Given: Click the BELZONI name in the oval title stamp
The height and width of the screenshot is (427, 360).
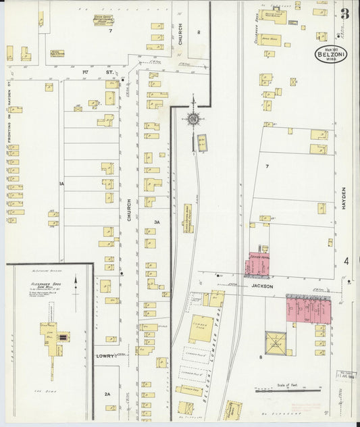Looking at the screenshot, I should coord(330,56).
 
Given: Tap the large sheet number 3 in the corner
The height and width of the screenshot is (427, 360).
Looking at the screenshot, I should coord(344,14).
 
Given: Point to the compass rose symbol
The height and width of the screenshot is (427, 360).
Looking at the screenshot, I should coord(194,119).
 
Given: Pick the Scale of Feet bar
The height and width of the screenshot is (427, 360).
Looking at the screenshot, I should coord(288,390).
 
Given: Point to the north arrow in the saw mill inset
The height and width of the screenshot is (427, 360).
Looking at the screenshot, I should coord(75,284).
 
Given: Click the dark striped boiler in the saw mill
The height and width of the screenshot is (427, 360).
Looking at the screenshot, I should coord(63,336).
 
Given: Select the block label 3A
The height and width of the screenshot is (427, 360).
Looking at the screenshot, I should coord(157,222).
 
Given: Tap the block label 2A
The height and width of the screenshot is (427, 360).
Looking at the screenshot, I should coord(107,394).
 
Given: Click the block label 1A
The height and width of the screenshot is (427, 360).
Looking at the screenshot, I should coord(61,183).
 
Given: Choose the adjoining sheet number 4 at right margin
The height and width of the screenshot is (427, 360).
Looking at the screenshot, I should coord(346,261).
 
